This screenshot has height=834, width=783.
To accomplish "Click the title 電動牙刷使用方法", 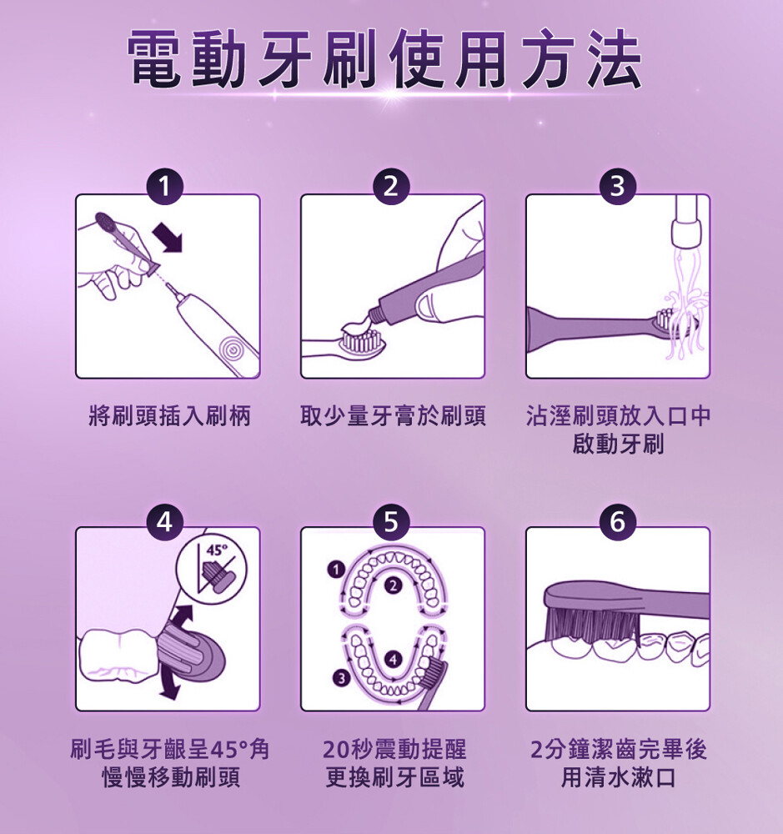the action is click(x=385, y=58).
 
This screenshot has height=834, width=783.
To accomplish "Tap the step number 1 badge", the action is click(x=165, y=187).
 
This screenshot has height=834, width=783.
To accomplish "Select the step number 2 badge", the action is click(x=391, y=187).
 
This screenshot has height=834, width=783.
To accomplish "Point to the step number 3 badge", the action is click(x=617, y=187).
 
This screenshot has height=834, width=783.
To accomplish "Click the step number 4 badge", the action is click(x=165, y=522).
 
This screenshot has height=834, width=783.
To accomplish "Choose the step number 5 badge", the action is click(x=391, y=522).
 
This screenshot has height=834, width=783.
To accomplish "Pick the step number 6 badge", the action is click(x=617, y=522).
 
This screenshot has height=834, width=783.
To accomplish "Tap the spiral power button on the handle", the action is click(x=233, y=349).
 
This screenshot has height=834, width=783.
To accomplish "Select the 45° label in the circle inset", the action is click(x=217, y=550).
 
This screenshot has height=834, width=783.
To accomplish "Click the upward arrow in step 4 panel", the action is click(x=182, y=617).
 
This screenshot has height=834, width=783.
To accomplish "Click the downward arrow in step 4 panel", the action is click(x=170, y=685).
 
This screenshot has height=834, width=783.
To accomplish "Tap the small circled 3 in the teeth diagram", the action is click(x=341, y=678).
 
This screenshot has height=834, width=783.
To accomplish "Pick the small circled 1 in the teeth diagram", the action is click(x=335, y=570).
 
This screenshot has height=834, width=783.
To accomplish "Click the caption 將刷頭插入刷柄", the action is click(x=169, y=415).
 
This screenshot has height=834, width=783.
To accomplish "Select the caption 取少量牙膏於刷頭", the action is click(x=393, y=415).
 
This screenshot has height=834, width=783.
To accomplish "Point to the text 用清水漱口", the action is click(x=618, y=777).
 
